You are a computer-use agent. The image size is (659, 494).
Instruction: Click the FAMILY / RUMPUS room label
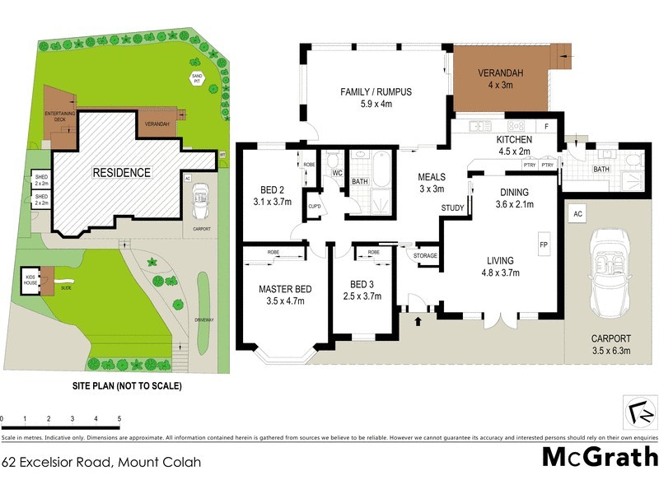[x=376, y=91]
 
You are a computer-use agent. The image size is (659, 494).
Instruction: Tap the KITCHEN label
[x=513, y=140]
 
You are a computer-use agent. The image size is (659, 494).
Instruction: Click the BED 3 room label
[x=362, y=285]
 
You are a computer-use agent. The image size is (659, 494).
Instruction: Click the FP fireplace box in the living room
[x=544, y=245]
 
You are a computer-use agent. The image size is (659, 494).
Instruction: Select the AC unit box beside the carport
[x=577, y=214]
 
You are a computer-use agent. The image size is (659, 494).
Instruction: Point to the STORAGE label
[x=426, y=255]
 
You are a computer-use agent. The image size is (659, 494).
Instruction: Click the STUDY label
[x=452, y=207]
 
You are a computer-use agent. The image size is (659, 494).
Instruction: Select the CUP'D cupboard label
[x=314, y=205]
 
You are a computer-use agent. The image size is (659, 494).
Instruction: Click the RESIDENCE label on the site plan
[x=121, y=173]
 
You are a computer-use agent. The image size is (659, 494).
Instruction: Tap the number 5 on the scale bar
[x=119, y=420]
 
